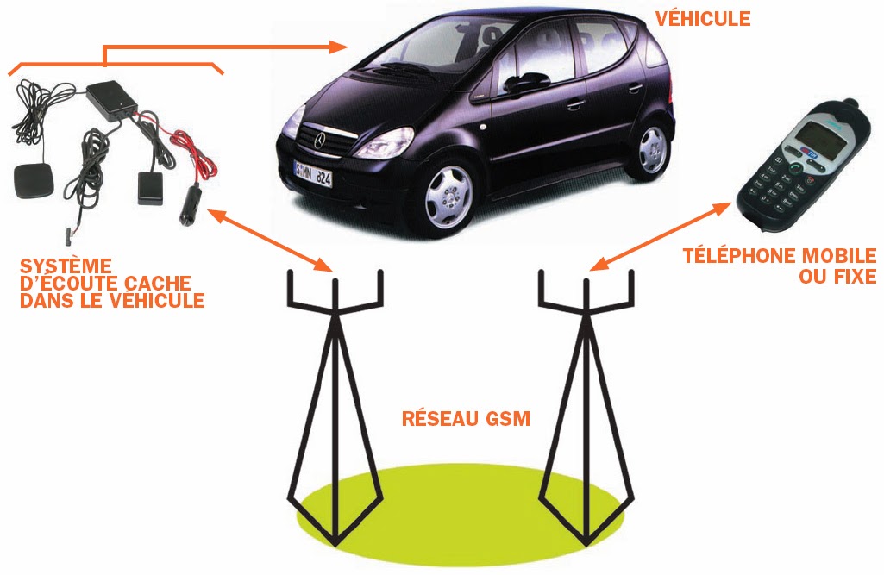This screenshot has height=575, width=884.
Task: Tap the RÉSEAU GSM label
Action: pos(466,420)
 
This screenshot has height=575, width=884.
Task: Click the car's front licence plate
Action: pos(312,172)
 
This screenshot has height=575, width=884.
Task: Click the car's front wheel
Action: pos(448,195)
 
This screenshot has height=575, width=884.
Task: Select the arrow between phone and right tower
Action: pos(659,235)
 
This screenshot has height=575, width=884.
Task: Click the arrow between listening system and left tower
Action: pos(266,236)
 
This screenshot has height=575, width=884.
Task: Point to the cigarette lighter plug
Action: pos(189,207)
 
